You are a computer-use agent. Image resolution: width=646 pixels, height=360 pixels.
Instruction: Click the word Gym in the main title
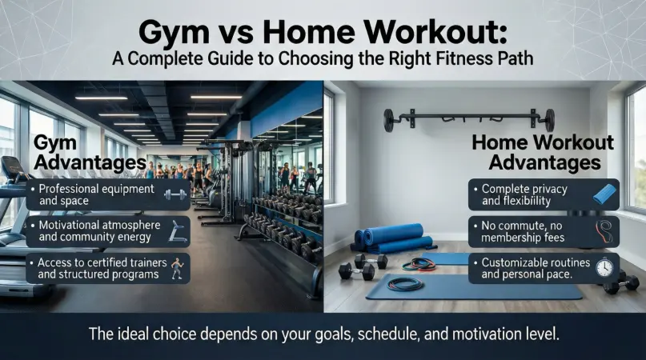(174, 33)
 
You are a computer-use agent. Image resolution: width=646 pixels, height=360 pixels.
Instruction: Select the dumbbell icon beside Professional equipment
(175, 194)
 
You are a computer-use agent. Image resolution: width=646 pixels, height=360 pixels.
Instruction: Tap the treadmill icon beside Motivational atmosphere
(178, 231)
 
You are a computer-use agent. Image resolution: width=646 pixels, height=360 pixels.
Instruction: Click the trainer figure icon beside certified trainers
(177, 268)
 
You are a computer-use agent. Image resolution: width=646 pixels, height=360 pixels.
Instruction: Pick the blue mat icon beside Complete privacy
(605, 194)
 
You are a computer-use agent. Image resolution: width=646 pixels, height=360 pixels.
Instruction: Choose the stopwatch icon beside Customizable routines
(604, 268)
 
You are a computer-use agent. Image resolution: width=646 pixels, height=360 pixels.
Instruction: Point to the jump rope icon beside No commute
(604, 231)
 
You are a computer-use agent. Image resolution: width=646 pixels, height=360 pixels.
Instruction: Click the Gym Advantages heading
(90, 153)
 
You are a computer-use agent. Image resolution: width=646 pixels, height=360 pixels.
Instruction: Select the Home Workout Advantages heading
(544, 153)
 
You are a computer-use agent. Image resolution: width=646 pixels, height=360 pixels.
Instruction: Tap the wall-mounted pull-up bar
(469, 119)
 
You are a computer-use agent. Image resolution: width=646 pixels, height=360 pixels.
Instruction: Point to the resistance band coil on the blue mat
(405, 284)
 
